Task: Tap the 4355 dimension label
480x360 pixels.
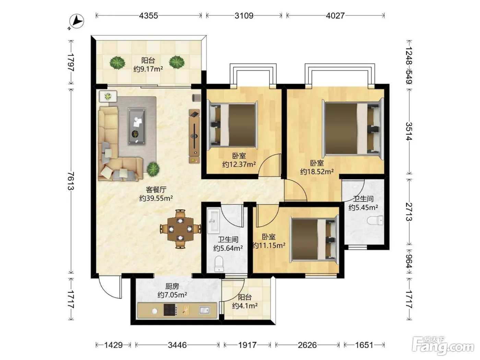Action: [149, 15]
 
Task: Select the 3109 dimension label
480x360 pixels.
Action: [244, 15]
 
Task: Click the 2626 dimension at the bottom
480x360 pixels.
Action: [307, 345]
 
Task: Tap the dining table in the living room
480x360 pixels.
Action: [180, 229]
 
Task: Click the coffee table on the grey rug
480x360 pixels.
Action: [137, 126]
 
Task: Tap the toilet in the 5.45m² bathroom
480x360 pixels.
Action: [375, 220]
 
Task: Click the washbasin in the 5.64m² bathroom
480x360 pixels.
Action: [213, 221]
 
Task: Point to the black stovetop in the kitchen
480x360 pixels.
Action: [170, 310]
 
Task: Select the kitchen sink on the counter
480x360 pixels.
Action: [204, 310]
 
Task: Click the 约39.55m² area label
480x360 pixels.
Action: [156, 198]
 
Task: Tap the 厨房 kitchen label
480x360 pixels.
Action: [172, 286]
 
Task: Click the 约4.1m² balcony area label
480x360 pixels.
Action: [245, 305]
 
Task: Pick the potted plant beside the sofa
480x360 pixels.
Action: [153, 169]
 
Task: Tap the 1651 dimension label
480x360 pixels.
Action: [364, 345]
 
